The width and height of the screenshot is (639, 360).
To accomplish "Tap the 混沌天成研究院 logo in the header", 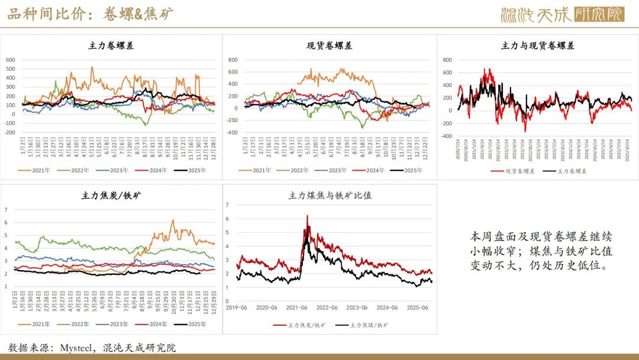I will (562, 14).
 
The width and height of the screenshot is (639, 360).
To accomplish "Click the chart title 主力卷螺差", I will (111, 46).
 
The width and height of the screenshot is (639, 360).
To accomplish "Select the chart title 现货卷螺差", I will (330, 46).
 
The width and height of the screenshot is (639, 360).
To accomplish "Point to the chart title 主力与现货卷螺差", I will (537, 46).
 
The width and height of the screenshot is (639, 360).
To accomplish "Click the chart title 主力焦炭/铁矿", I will (111, 195).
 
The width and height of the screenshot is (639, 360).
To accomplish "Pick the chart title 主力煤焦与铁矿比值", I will (330, 195).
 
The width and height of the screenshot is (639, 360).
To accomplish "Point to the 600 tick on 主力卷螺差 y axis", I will (10, 60).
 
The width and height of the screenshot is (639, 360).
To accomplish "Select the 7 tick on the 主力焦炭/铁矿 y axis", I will (6, 210).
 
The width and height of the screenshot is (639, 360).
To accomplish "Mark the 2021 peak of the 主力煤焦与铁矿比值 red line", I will (307, 216).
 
